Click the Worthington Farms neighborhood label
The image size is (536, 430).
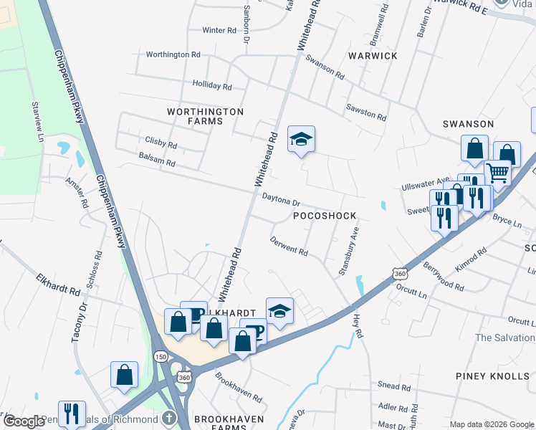click(206, 117)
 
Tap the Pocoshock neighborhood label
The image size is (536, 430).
click(325, 215)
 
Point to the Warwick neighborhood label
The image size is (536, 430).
click(373, 55)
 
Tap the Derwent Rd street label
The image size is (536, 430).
click(289, 249)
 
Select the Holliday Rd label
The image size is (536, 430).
click(212, 85)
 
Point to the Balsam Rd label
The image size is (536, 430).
click(157, 163)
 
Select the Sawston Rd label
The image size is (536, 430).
click(366, 112)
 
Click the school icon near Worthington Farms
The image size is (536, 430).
click(302, 139)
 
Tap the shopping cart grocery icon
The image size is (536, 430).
click(497, 171)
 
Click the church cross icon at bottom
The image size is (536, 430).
click(168, 418)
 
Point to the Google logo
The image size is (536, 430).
click(24, 421)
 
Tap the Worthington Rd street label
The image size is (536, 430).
click(173, 54)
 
